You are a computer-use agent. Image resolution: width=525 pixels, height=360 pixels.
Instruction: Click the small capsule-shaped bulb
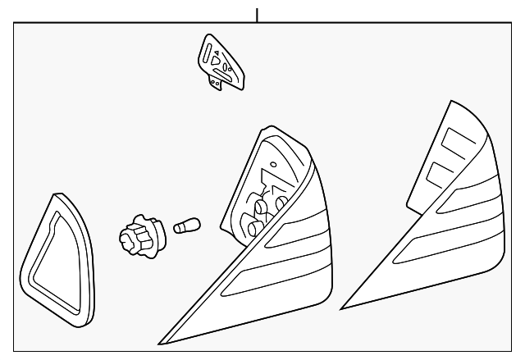click(188, 226)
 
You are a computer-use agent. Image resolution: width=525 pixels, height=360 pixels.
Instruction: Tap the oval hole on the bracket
click(227, 66)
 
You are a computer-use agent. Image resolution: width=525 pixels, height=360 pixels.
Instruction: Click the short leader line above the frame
click(258, 14)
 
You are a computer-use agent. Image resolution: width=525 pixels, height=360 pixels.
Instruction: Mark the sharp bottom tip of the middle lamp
click(161, 341)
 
